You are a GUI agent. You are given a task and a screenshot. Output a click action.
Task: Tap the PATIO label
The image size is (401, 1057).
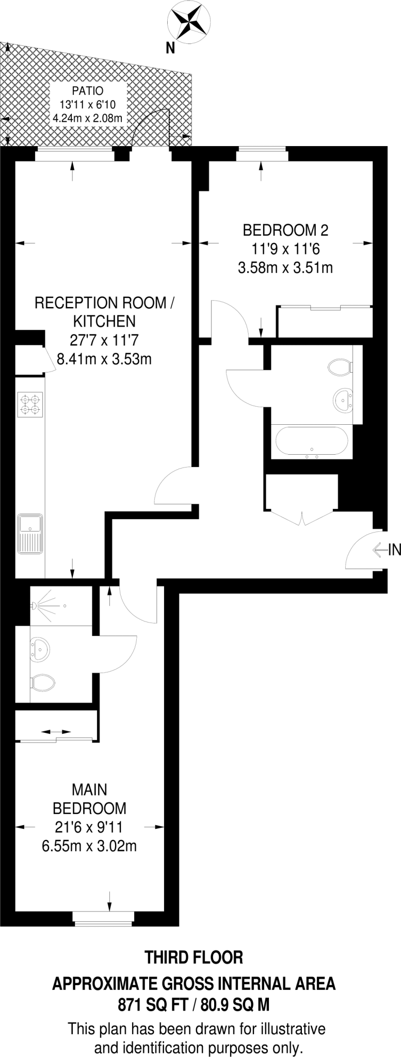click(87, 91)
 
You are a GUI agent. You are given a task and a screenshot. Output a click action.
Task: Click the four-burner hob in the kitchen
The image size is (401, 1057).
click(30, 404)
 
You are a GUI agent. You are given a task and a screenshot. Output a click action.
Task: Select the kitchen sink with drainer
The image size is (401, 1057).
click(30, 533)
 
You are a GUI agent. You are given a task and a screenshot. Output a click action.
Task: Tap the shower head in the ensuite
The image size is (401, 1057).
click(35, 604)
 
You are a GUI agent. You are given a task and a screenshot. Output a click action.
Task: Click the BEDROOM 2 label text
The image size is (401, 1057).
click(285, 230)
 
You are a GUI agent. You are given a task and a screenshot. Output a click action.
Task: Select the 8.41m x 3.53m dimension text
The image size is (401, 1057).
click(104, 359)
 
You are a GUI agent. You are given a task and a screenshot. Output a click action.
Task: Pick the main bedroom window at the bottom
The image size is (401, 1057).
click(103, 917)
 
